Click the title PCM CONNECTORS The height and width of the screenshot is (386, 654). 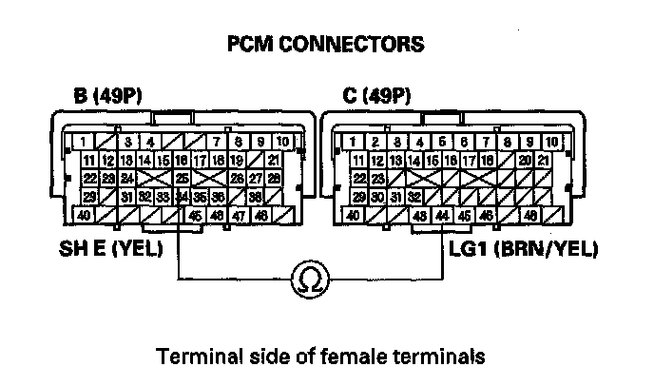point(326,45)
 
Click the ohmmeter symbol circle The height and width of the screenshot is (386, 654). point(310,280)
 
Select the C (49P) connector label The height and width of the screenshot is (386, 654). point(376,96)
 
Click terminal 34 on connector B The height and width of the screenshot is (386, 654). point(181,198)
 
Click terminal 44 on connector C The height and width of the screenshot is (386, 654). point(442,217)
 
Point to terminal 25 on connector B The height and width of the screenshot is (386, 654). point(181,178)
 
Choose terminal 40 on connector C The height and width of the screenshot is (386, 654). point(353,217)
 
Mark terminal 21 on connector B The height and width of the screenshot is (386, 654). point(274,160)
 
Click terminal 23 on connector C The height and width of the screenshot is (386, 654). point(377,178)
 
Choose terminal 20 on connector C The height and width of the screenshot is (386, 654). point(524,160)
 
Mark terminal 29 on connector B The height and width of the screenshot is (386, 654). point(88,198)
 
